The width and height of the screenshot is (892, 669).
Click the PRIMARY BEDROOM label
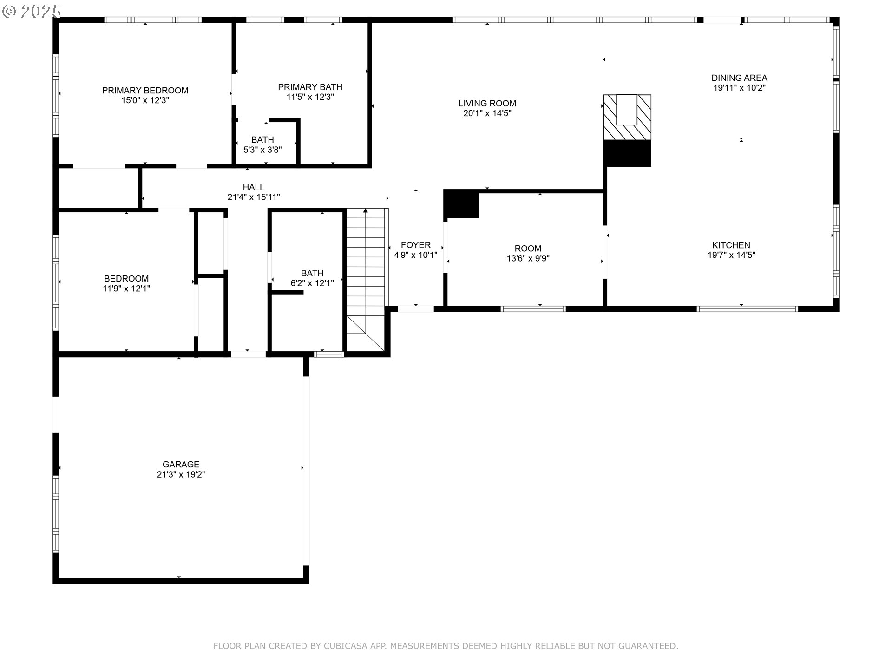tap(145, 91)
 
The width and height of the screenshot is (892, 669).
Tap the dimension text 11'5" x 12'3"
tap(310, 97)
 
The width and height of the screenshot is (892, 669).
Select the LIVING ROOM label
tap(487, 103)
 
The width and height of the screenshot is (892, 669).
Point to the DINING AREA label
tap(739, 78)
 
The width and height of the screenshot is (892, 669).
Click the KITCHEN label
tap(731, 245)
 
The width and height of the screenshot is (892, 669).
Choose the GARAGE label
tap(181, 464)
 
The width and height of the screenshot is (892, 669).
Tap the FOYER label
tap(415, 245)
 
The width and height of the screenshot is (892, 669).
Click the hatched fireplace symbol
tap(627, 117)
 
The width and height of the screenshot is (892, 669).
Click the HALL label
tap(253, 187)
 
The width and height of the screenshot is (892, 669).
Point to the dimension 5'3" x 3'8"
tap(262, 150)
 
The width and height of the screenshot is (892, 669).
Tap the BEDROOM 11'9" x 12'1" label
tap(126, 279)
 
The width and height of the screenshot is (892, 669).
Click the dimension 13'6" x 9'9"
tap(528, 258)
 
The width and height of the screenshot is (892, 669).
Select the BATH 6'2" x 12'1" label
tap(312, 273)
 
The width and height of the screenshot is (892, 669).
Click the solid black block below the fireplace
tap(627, 153)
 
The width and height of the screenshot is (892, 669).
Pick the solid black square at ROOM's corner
tap(461, 204)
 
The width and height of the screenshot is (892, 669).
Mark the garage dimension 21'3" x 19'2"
tap(181, 474)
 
